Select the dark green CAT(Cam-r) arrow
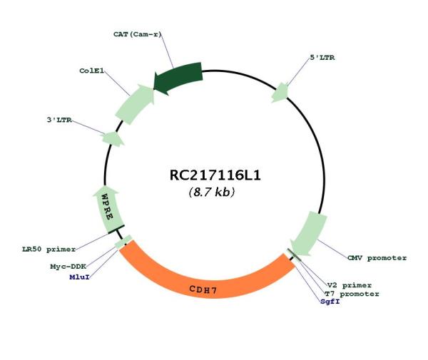179,77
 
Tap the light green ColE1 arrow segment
136,103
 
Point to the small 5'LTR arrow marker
280,93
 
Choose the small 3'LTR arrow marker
113,138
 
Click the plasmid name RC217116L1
215,175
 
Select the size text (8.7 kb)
212,192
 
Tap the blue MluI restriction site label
79,277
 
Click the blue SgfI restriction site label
330,302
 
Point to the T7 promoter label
352,294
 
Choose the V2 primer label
350,286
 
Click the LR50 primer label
49,250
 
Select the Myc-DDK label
68,267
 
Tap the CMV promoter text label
377,258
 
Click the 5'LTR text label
322,58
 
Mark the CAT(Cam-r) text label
137,34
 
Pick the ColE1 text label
92,71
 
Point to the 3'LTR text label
59,120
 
